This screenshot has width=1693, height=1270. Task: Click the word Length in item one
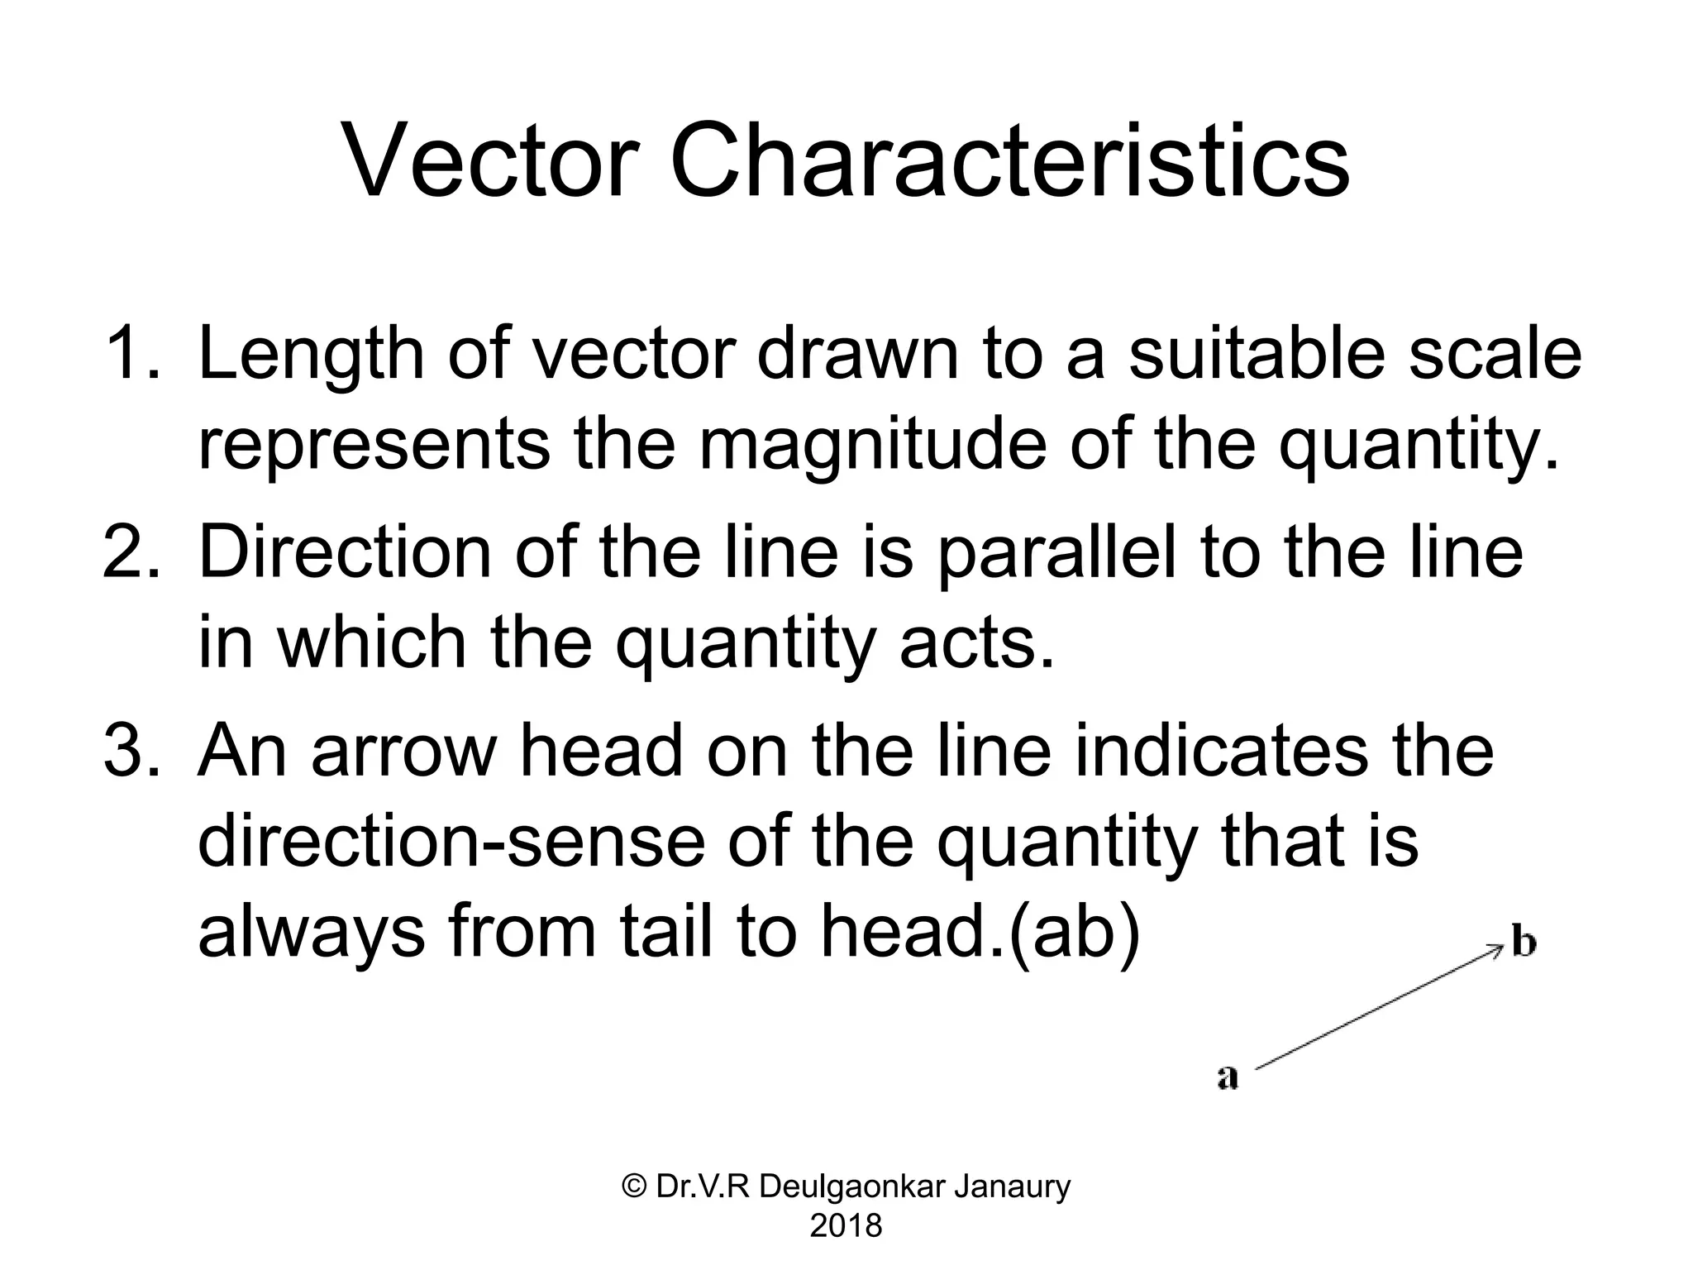tap(310, 356)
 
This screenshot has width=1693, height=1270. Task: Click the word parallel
tap(1056, 554)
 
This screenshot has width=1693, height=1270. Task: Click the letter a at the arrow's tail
tap(1228, 1077)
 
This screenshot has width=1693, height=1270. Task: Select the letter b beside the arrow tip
tap(1524, 943)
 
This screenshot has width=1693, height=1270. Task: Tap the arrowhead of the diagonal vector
tap(1495, 950)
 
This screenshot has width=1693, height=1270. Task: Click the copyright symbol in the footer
tap(634, 1187)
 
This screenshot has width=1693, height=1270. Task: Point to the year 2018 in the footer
tap(846, 1225)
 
